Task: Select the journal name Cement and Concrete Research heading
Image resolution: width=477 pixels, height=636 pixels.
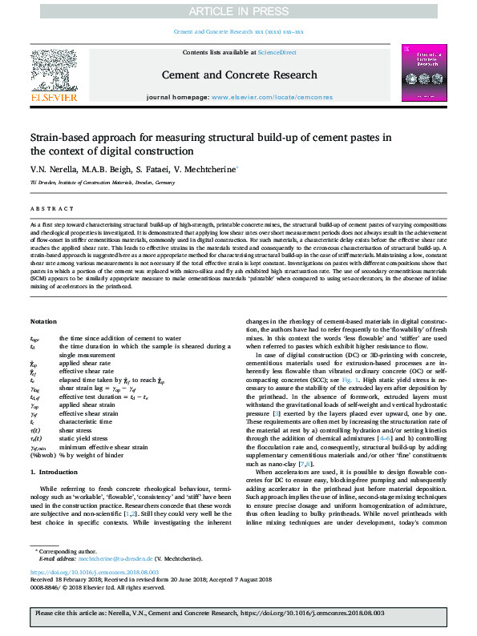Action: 238,74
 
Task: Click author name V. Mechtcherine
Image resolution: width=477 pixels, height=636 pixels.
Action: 208,169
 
